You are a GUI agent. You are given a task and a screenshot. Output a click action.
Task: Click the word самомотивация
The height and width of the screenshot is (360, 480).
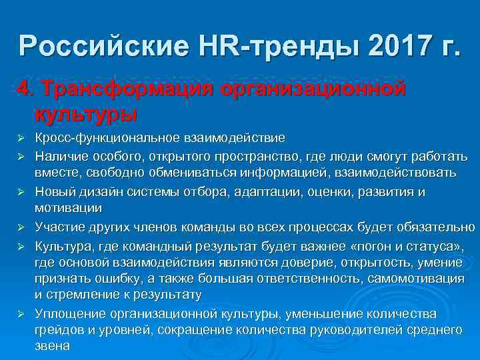click(x=417, y=277)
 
